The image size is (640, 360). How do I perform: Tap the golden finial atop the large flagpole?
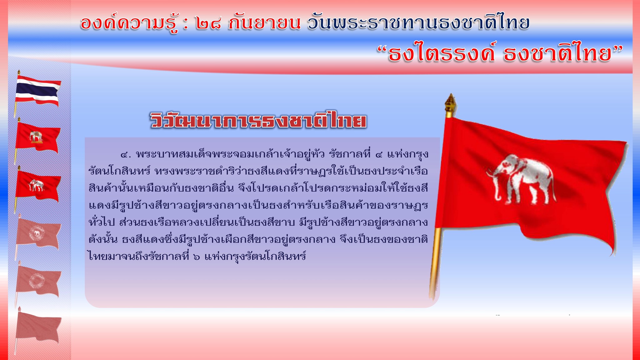coord(450,105)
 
